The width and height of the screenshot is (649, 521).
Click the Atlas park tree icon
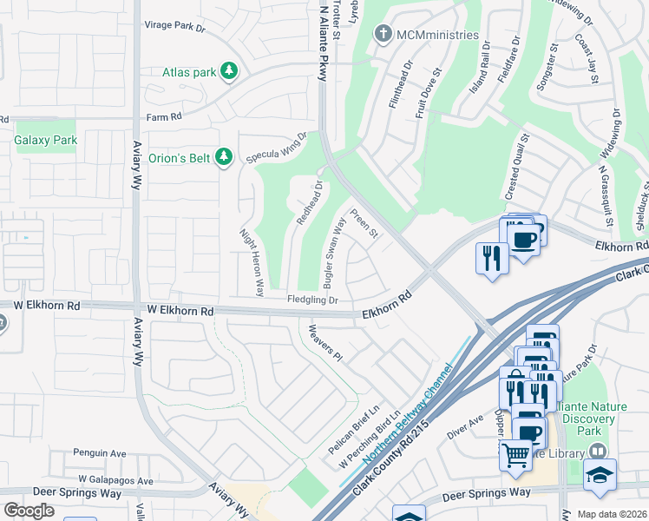[228, 71]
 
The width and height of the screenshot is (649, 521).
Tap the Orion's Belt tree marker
[225, 156]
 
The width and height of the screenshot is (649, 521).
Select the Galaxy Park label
[46, 140]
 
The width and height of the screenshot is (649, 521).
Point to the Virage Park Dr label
[174, 27]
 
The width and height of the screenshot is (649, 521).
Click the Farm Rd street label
[165, 116]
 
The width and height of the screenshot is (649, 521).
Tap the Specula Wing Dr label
[277, 148]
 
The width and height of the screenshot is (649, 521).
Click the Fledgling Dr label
[312, 300]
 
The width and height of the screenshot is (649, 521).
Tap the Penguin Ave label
[100, 453]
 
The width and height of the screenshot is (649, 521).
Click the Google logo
[29, 510]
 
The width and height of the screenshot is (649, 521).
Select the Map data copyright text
[612, 514]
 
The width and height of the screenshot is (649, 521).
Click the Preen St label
[364, 225]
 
